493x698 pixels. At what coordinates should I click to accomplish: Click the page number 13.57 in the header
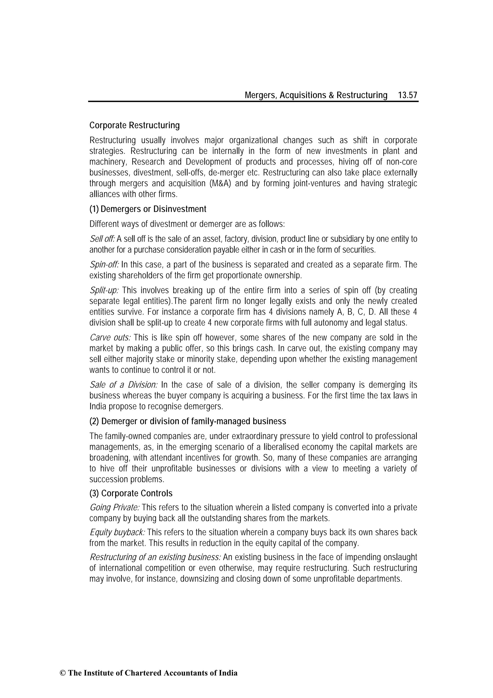click(408, 95)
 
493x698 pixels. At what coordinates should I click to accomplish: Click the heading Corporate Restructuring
click(135, 125)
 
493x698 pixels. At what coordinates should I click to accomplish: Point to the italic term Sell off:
click(102, 239)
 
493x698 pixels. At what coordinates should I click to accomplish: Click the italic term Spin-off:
click(104, 265)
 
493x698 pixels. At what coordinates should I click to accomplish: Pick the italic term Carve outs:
click(110, 338)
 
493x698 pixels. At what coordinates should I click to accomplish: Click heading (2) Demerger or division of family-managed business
click(188, 421)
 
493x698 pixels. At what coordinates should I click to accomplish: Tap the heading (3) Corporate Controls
click(131, 493)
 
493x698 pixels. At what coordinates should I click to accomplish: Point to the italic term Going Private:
click(115, 507)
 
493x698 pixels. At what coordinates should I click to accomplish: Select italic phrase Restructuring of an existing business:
click(155, 557)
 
